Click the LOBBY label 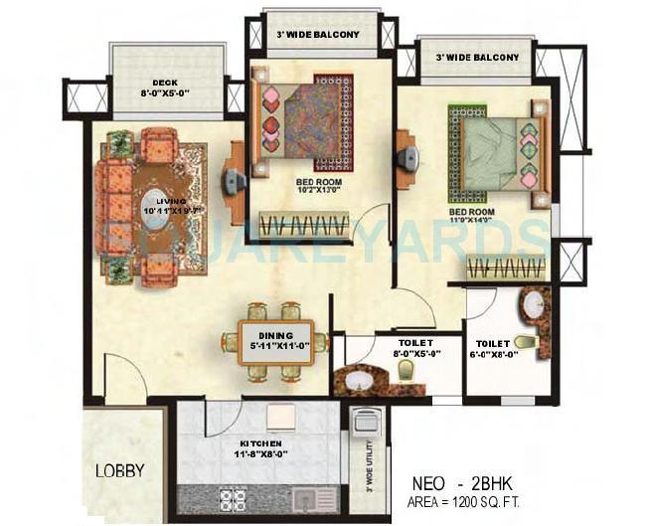click(120, 470)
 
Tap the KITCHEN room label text click(259, 442)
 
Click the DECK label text click(164, 84)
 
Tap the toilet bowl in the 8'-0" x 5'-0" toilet click(406, 371)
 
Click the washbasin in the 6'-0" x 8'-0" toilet click(534, 300)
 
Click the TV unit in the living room click(234, 182)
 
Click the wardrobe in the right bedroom click(506, 266)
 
